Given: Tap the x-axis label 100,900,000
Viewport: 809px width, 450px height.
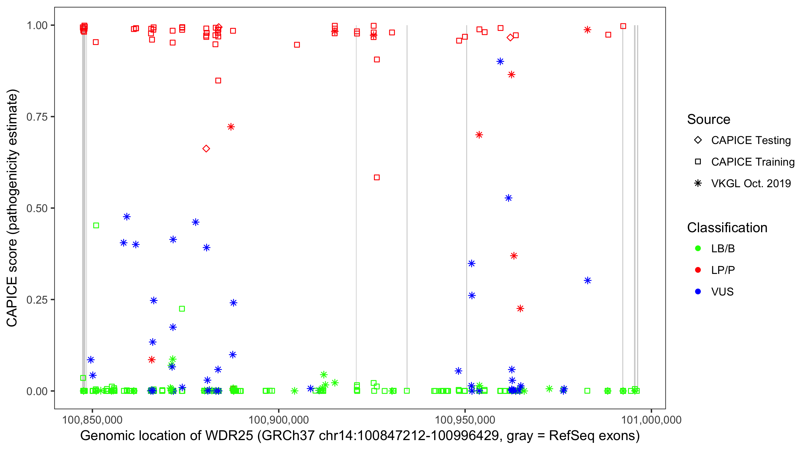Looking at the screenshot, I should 279,420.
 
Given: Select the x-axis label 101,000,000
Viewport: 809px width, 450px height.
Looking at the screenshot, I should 651,420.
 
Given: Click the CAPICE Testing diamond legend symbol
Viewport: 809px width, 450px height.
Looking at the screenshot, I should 698,140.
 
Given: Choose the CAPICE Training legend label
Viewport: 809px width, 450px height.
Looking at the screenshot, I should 752,162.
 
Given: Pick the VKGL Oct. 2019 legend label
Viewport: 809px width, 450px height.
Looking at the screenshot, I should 751,183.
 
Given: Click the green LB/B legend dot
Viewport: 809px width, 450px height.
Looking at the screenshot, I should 698,248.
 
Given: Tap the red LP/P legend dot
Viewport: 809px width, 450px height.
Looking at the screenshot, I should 698,270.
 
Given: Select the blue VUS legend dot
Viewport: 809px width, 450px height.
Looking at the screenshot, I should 698,292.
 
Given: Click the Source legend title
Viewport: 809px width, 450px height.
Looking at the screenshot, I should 708,119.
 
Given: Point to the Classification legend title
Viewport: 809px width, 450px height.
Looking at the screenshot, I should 727,227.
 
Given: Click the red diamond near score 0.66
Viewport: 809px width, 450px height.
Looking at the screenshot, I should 206,149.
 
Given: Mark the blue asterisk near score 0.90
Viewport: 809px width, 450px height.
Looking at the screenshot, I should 500,61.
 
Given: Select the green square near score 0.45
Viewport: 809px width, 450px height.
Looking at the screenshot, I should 96,226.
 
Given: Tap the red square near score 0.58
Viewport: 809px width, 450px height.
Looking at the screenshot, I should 377,178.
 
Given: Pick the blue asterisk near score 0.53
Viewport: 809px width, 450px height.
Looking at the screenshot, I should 508,198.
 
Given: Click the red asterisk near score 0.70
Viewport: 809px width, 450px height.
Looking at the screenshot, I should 479,135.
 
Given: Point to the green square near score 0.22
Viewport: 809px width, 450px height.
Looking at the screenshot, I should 182,309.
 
